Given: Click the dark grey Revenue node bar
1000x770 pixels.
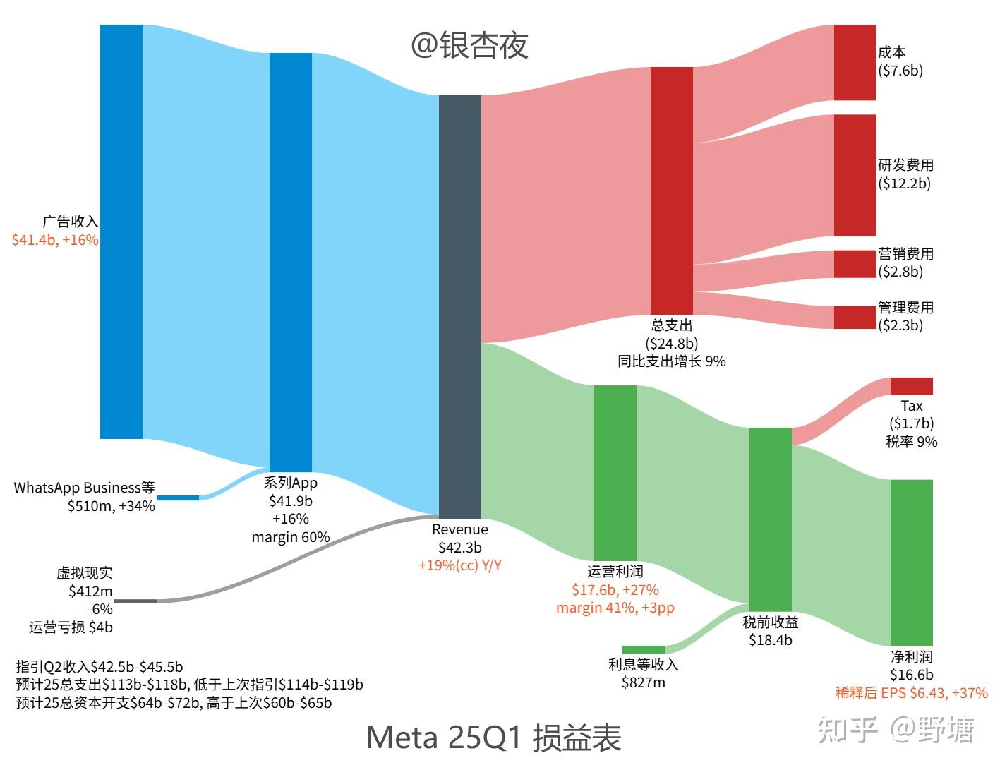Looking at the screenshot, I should (459, 307).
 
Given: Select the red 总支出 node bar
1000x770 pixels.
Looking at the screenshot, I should (671, 191).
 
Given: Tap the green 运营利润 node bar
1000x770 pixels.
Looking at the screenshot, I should (615, 472).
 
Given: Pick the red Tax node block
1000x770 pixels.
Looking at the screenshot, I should (911, 386).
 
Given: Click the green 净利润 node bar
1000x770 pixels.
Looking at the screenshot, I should (911, 563).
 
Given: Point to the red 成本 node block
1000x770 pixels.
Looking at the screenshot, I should (855, 62).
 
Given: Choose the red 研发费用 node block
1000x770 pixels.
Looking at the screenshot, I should (855, 175).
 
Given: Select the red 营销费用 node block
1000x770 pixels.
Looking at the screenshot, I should (855, 264).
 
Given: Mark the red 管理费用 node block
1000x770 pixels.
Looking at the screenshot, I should (855, 318).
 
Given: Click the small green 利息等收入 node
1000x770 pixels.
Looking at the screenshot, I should (643, 649).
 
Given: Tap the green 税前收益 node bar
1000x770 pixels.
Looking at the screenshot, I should (770, 519).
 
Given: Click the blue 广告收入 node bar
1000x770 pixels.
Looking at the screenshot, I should (121, 231).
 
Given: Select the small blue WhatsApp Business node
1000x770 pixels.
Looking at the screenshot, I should (177, 498).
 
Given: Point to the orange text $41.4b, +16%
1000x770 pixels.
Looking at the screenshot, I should (55, 240).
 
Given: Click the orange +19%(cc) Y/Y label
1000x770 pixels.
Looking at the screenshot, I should (459, 565).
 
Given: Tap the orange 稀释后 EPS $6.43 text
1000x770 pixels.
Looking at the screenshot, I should (911, 693).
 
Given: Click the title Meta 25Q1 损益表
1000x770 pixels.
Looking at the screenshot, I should (493, 738).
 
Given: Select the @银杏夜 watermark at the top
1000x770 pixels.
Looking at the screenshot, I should (469, 45).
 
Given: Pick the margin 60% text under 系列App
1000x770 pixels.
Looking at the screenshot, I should (290, 537).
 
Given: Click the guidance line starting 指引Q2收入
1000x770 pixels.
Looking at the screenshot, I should (100, 666).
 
